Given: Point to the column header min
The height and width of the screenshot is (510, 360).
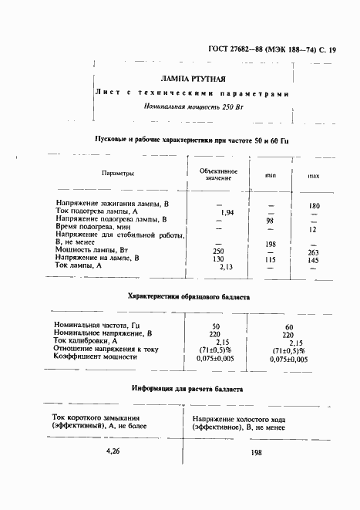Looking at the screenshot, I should (271, 176).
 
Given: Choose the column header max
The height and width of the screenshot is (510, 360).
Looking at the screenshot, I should (314, 176).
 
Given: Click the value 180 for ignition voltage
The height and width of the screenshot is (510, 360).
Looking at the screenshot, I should (314, 206).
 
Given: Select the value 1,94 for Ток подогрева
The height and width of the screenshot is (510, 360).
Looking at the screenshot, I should (227, 212).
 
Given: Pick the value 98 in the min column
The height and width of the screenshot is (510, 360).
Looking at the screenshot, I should (271, 220).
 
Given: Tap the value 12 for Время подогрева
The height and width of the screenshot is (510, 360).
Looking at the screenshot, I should (313, 229).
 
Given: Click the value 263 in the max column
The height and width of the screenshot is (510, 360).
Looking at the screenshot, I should (313, 252).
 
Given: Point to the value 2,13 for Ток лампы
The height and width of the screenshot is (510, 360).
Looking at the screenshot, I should (226, 267).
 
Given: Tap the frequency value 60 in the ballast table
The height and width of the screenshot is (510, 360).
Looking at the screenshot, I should (290, 326).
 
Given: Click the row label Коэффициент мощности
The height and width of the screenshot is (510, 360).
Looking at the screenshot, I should (96, 357).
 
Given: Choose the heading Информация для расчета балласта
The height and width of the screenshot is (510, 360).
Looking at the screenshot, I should (187, 389).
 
